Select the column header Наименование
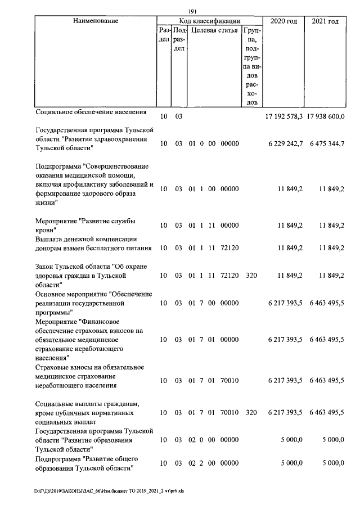96,21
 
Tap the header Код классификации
209,21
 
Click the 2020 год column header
283,21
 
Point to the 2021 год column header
325,21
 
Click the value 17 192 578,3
284,116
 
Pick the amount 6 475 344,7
327,143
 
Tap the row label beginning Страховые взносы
89,376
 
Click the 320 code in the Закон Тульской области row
251,276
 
